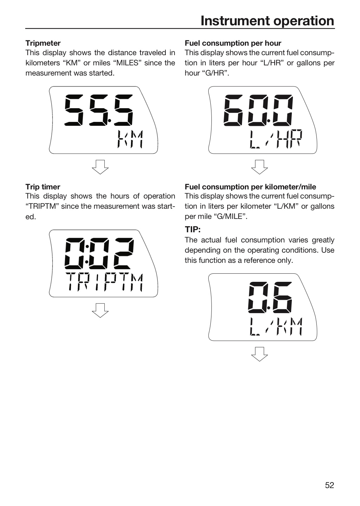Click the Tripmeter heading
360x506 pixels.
pos(43,43)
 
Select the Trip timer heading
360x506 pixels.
pos(43,187)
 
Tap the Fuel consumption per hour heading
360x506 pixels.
pos(233,43)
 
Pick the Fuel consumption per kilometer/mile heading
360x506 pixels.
pos(250,187)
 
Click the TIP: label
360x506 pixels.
pos(193,229)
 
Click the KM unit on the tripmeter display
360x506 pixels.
pos(130,139)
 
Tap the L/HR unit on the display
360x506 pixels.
pos(276,139)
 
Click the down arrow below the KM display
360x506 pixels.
pos(100,167)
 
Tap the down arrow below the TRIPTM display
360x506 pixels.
pos(100,310)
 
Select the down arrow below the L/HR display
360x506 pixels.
pos(260,167)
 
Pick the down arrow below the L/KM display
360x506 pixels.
pos(260,354)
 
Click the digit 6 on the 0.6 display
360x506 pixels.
pos(282,298)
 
